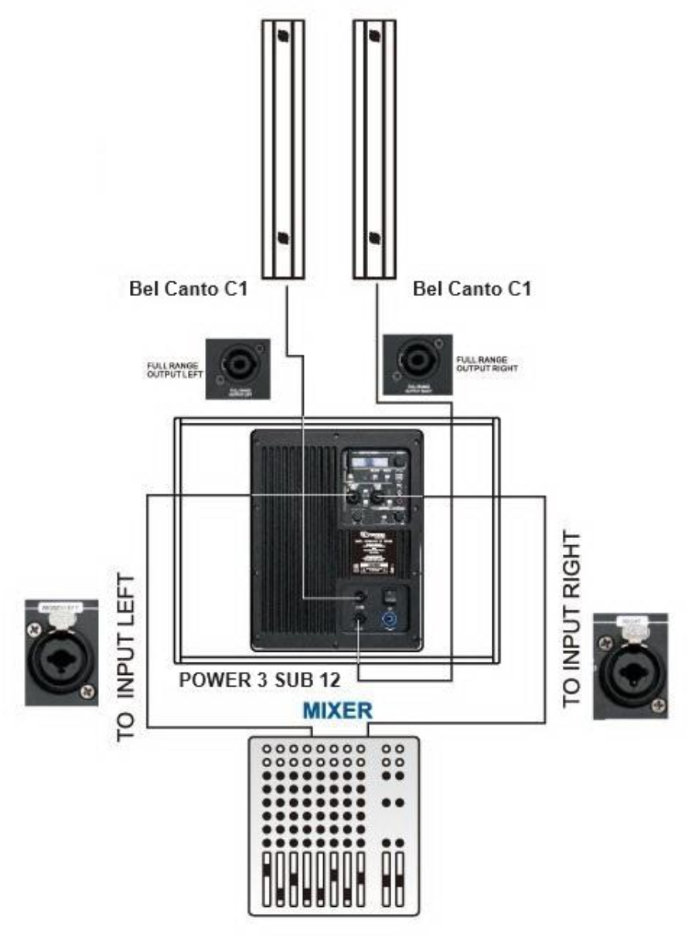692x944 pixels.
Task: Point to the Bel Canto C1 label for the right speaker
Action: click(x=472, y=291)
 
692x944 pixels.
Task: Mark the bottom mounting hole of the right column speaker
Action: click(x=374, y=237)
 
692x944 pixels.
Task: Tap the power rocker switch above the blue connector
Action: click(x=389, y=596)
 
